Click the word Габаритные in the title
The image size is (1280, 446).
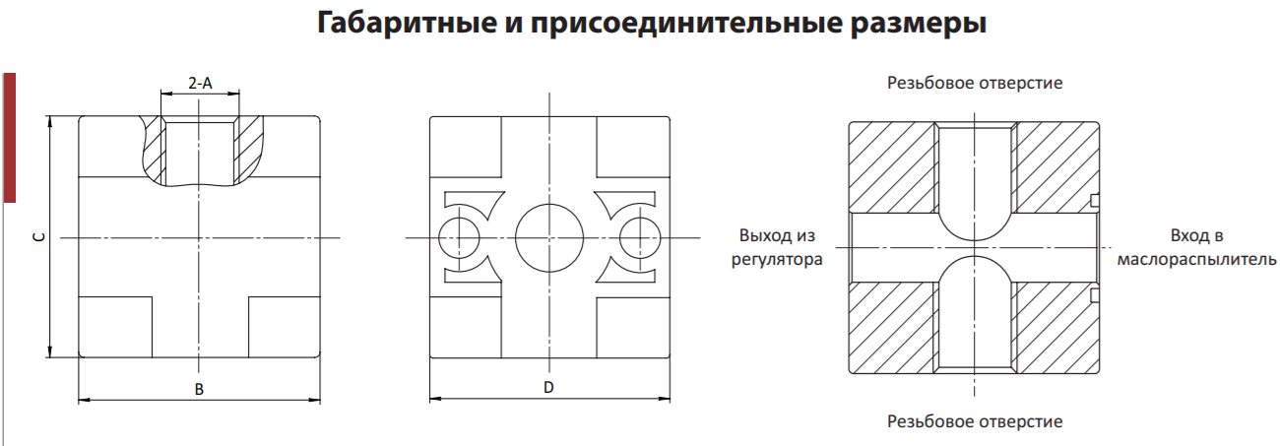pos(407,24)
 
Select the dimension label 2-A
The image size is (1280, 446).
pos(200,84)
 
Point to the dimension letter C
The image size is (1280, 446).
pos(38,236)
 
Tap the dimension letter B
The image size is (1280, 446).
pos(199,390)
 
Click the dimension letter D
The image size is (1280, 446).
pos(548,388)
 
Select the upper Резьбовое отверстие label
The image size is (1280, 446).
pos(975,84)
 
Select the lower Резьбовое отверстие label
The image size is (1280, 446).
pos(975,421)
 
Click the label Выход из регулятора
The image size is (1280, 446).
pos(777,247)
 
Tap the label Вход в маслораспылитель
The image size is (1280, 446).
pos(1196,247)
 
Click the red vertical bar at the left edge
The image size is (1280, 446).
pos(9,138)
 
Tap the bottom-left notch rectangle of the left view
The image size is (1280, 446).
pos(115,327)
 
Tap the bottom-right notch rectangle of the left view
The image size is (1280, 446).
pos(284,327)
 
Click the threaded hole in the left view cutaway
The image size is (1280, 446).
pos(200,153)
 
